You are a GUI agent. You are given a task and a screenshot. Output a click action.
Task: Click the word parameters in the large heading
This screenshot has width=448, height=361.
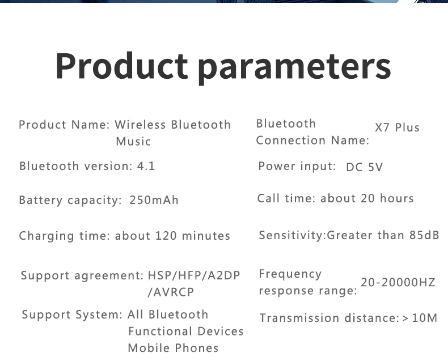pos(294,69)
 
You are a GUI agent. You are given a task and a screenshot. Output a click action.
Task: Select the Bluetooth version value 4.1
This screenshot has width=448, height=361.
pos(146,166)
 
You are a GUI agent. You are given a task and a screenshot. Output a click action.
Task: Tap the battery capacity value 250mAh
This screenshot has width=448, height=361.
pos(154,200)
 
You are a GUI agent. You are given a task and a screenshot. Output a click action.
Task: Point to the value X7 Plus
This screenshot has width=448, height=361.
pos(397,128)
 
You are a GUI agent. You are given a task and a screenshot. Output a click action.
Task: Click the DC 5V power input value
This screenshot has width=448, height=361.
pos(364,167)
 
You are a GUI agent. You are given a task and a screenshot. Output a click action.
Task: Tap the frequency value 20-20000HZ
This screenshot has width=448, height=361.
pos(398,282)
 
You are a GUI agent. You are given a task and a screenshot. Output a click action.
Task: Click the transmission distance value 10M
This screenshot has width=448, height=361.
pos(425,318)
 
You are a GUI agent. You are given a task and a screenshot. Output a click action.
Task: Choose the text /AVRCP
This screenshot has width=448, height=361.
pos(171,292)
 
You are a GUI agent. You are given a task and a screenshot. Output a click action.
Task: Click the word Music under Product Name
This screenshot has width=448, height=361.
pos(133,141)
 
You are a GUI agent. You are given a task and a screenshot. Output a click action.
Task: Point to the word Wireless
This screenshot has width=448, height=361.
pos(140,125)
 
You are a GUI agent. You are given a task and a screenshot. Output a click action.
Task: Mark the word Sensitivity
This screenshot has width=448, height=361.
pos(291,235)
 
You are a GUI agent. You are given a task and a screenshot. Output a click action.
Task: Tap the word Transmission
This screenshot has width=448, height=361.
pos(299,318)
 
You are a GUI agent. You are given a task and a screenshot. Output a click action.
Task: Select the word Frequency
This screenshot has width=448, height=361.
pos(290,274)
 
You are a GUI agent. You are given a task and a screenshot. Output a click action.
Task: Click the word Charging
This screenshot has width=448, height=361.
pos(47,236)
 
